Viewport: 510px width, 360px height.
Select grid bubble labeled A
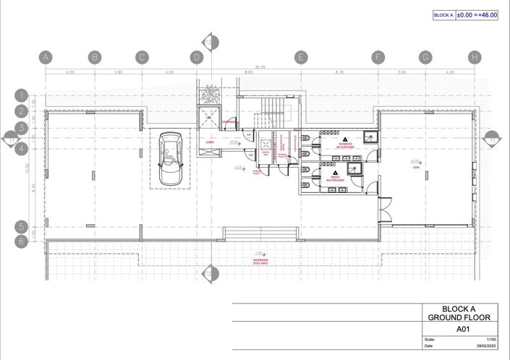46,56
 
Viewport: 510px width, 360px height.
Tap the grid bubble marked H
474,56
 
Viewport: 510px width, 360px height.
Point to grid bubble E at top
301,56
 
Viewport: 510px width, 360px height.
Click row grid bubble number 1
22,95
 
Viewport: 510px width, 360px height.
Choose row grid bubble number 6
22,241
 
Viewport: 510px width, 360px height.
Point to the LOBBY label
210,142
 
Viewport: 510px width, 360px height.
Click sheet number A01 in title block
459,328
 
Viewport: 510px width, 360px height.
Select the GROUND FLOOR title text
459,317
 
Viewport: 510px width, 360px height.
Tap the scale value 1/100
491,340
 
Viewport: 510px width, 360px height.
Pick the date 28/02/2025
486,346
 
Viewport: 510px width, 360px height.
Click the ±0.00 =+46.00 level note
477,14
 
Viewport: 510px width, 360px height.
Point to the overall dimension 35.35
250,66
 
